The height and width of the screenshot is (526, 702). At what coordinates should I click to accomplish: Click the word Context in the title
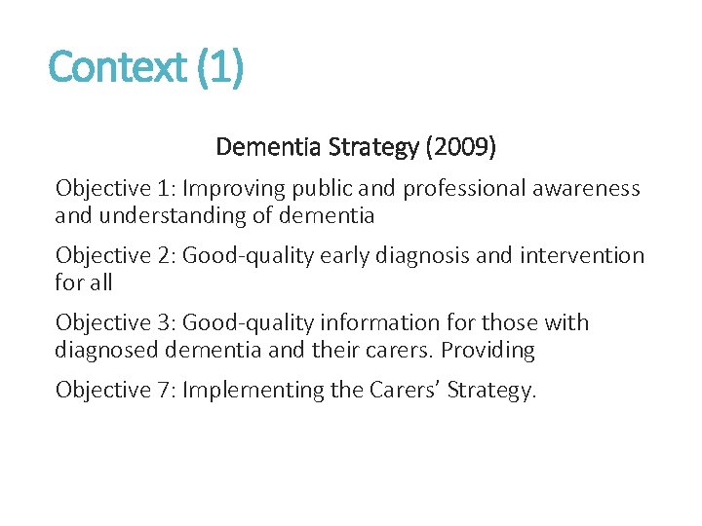pos(118,67)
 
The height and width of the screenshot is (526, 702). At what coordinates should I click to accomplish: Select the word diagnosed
pos(105,349)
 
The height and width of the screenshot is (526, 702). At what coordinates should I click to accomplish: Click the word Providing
pos(487,349)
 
